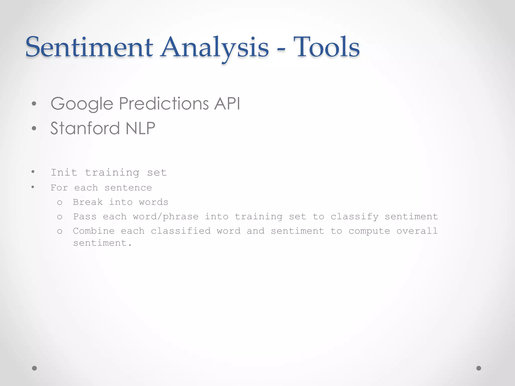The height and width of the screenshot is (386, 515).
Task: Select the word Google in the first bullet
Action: [x=82, y=104]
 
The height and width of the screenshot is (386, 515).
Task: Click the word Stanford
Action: [x=85, y=128]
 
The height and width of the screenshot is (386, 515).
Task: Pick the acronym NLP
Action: [x=140, y=128]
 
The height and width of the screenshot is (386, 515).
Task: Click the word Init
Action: [x=64, y=172]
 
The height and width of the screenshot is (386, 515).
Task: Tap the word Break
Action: [x=88, y=202]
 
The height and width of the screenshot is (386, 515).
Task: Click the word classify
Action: [x=354, y=217]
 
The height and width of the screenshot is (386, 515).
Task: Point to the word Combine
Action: [x=94, y=231]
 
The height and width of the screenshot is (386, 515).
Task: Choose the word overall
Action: [x=417, y=231]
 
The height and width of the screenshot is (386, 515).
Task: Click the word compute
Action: [x=369, y=231]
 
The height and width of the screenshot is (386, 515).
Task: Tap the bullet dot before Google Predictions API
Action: [x=34, y=104]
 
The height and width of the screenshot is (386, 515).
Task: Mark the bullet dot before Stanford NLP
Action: [x=34, y=128]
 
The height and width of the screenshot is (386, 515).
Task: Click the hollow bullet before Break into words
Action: [x=60, y=203]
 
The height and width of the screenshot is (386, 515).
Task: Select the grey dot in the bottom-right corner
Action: [x=479, y=368]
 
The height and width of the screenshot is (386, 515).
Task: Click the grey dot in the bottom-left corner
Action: [x=34, y=368]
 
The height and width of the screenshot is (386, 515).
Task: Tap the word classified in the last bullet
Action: [x=181, y=231]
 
